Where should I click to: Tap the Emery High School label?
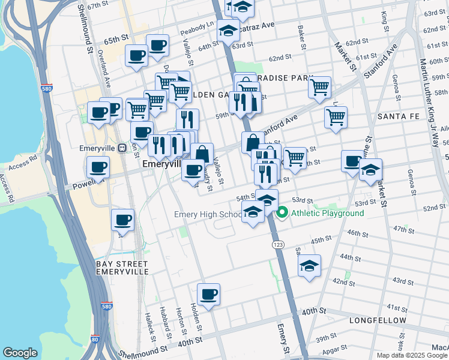coord(208,214)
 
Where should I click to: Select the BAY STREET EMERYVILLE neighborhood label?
coord(122,268)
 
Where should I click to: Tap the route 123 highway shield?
coord(277,245)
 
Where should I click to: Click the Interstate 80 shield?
coord(95,339)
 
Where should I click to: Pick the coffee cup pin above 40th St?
coord(208,295)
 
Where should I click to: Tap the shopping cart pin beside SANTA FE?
coord(336,116)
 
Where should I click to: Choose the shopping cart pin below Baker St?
coord(320,87)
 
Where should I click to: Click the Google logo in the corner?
coord(20,353)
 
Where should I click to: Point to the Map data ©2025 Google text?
coord(412,355)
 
